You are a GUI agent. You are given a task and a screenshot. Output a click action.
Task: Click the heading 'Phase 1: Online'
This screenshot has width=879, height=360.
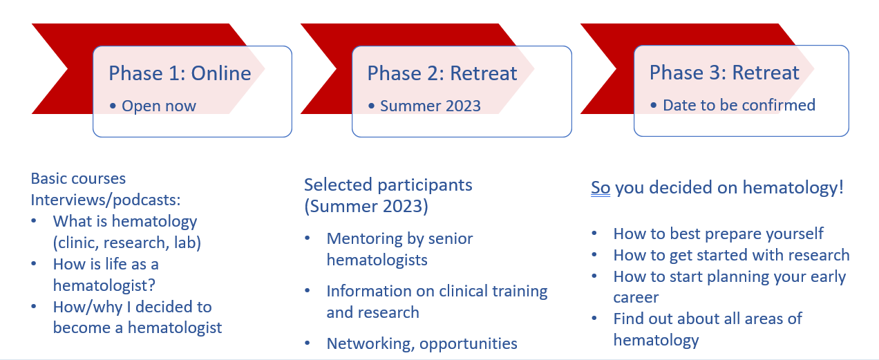coord(180,73)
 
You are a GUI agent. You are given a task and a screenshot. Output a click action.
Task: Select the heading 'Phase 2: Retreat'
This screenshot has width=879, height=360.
coord(442,73)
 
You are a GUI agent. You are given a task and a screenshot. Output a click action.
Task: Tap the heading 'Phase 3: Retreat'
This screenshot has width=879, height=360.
coord(724,73)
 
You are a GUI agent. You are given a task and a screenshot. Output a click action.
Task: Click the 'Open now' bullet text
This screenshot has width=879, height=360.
coord(158,106)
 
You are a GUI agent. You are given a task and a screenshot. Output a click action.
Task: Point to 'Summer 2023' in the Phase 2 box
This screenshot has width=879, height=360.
coord(431,106)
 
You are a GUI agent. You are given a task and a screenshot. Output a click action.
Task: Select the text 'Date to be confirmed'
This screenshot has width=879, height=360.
coord(739,105)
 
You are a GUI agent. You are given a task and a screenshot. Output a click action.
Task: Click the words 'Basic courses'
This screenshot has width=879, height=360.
coord(78,179)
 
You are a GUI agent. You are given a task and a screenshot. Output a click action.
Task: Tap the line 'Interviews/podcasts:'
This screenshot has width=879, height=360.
coord(106,200)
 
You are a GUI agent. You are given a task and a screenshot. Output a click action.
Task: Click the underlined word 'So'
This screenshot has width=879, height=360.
coord(601,188)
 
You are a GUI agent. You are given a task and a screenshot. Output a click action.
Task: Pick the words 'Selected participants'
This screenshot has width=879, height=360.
coord(388,185)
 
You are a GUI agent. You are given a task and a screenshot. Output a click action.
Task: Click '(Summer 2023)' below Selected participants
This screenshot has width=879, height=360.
coord(366,207)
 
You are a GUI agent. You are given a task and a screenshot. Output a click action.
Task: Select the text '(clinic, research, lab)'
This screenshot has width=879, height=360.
coord(127,243)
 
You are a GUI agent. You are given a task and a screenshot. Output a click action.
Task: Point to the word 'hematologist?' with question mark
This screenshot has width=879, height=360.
coord(104,285)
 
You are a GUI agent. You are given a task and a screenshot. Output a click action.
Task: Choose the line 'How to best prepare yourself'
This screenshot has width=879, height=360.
coord(718,234)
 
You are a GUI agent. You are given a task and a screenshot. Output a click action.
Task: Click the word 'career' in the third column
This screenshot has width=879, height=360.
coord(636,298)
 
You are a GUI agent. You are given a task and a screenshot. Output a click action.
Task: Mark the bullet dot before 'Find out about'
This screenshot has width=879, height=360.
coord(594,318)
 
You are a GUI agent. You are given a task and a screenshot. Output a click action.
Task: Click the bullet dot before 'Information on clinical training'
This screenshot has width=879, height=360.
coord(308,290)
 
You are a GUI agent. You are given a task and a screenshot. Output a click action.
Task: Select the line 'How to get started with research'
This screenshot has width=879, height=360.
coord(731,255)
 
